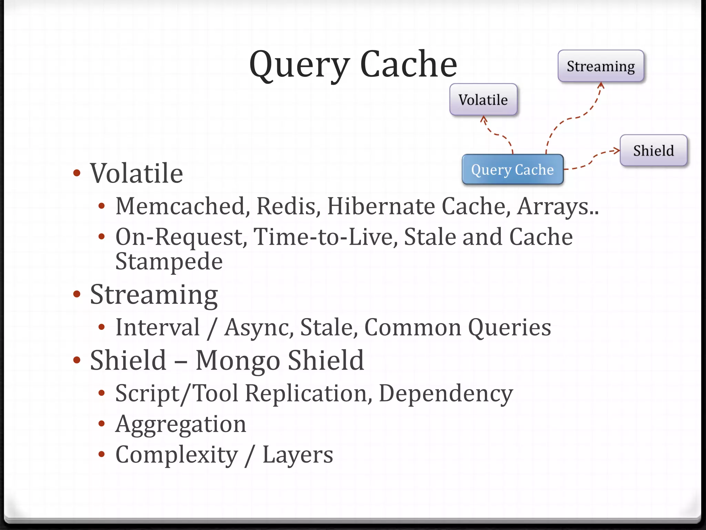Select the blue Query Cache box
coord(513,169)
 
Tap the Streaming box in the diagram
coord(601,66)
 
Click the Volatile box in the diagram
coord(483,100)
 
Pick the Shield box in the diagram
coord(653,151)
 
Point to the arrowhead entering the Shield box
coord(616,150)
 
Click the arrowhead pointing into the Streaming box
coord(601,85)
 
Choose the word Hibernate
coord(381,206)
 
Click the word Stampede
coord(169,262)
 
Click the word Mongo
coord(238,361)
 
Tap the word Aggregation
coord(181,424)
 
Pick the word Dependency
coord(446,393)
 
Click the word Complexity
coord(176,455)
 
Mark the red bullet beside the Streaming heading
coord(77,294)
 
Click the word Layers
coord(298,455)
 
